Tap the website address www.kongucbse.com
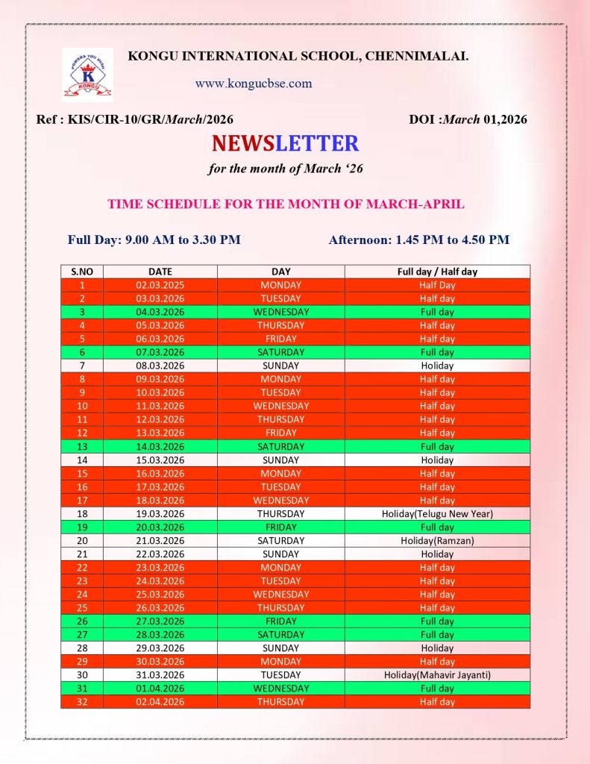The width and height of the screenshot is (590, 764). (x=254, y=84)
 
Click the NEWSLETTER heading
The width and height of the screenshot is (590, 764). (x=285, y=143)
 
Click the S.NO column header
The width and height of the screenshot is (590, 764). (x=82, y=272)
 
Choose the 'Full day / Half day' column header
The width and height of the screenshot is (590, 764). (x=437, y=272)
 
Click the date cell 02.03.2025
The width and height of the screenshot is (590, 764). (x=160, y=285)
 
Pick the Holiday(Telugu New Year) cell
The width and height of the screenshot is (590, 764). (x=437, y=513)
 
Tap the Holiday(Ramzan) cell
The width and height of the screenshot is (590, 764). (x=437, y=540)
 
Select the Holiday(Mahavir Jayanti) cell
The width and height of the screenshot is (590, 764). (x=437, y=674)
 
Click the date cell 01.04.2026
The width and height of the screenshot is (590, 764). (x=160, y=688)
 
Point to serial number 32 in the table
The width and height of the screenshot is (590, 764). (x=82, y=701)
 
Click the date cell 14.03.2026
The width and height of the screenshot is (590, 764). (x=160, y=446)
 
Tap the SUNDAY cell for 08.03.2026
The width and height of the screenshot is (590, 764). (x=280, y=366)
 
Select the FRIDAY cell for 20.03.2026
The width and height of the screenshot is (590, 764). (x=280, y=527)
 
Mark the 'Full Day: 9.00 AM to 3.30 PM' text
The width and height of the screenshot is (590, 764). (x=154, y=239)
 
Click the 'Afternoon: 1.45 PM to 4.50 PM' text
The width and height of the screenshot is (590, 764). (x=418, y=239)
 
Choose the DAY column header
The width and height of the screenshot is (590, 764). (x=280, y=272)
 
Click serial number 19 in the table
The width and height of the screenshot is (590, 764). (x=82, y=527)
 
